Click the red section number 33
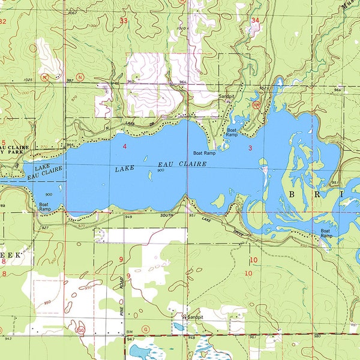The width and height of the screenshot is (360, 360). tap(124, 21)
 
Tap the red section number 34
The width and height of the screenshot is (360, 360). tap(256, 20)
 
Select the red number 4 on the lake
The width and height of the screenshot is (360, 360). tap(124, 146)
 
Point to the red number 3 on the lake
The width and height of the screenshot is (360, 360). tap(250, 147)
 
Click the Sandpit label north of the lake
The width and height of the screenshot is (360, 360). tap(226, 96)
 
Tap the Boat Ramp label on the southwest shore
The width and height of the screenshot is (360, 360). tap(44, 207)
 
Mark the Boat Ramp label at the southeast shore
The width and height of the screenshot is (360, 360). tap(326, 233)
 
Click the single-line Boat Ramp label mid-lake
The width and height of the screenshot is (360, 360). tap(204, 153)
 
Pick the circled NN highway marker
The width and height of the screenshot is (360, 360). tap(256, 104)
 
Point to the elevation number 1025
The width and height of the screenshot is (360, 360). tap(28, 80)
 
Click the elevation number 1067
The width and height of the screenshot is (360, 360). tap(73, 12)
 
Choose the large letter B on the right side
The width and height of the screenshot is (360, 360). tap(294, 195)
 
